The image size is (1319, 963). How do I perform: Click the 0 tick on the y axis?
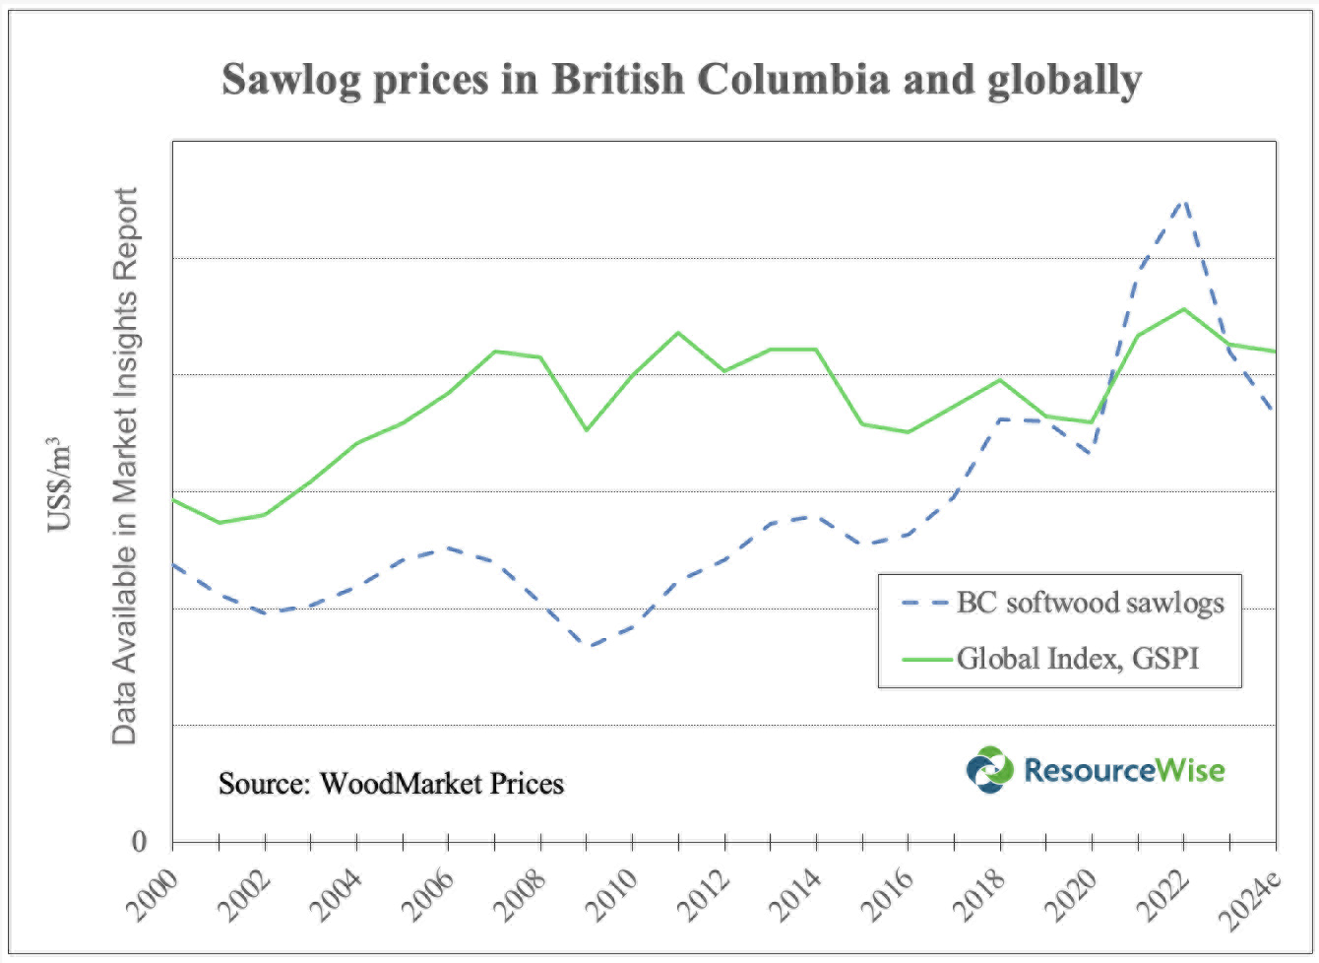click(x=139, y=842)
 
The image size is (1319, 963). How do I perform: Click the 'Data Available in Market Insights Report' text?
click(x=124, y=465)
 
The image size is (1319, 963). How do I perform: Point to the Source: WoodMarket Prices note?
click(x=391, y=784)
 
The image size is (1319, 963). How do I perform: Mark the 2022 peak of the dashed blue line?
click(x=1184, y=200)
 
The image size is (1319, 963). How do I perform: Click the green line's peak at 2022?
click(x=1184, y=309)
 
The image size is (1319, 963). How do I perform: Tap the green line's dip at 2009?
click(x=587, y=430)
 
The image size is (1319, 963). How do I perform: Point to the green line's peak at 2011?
click(x=678, y=332)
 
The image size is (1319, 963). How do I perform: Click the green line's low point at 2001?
click(x=219, y=523)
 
